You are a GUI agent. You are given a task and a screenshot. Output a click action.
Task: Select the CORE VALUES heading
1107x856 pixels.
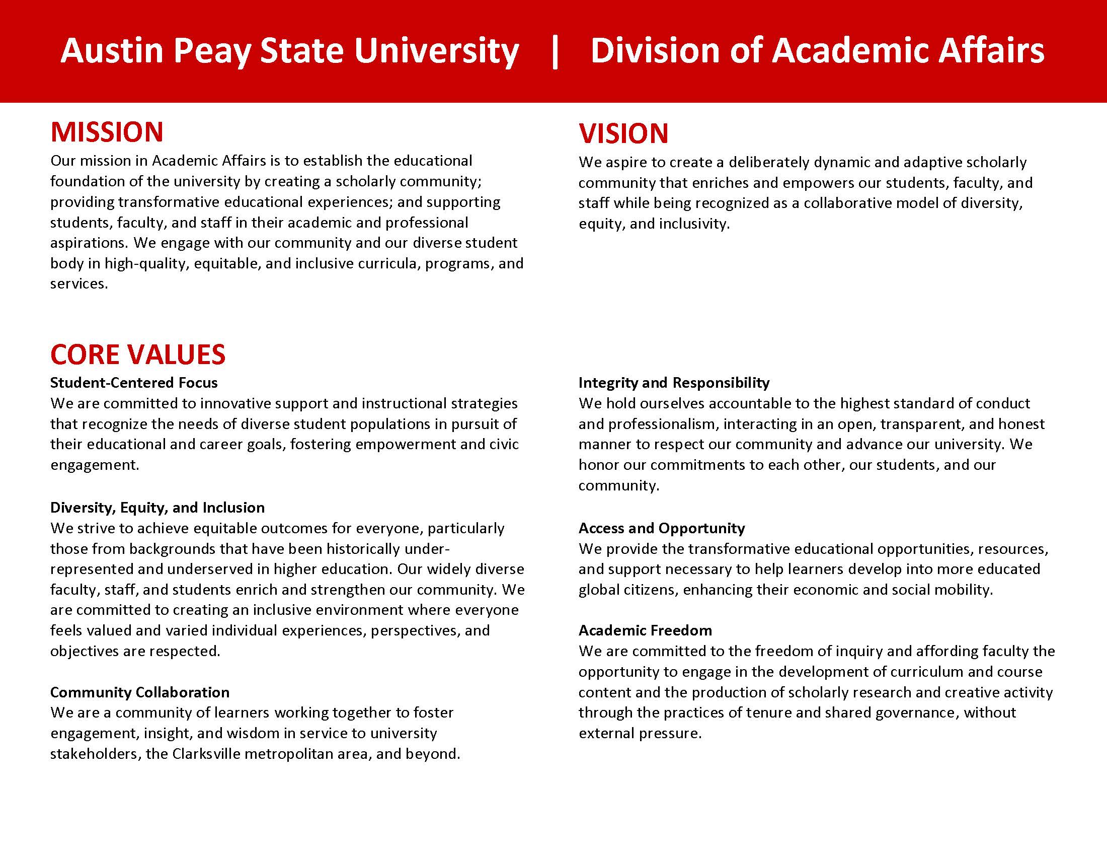138,354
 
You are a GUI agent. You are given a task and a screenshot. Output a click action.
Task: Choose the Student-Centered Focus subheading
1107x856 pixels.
134,382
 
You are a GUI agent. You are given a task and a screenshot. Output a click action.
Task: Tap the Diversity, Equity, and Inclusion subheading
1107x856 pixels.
157,508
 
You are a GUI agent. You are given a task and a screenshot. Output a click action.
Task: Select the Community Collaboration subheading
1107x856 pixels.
140,692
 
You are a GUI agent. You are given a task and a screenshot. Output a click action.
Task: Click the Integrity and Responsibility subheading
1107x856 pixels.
674,382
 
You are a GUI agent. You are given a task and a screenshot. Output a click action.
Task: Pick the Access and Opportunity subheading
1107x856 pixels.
662,528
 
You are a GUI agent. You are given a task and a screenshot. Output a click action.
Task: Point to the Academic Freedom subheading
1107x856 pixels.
645,630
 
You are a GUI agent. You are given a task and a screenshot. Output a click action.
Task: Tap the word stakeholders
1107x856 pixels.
94,754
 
